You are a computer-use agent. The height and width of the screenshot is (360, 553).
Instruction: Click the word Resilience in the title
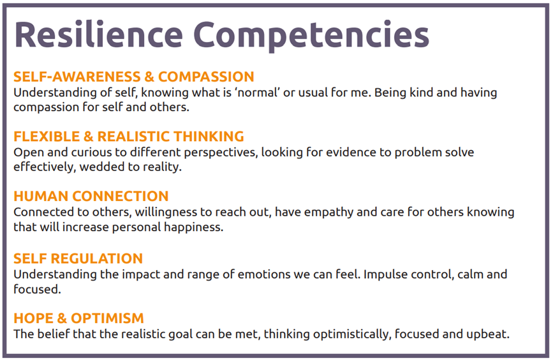click(x=99, y=34)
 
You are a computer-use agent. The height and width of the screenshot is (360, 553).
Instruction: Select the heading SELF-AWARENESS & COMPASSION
click(x=134, y=77)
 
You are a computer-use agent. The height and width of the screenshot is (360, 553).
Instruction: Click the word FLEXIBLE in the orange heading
click(x=47, y=136)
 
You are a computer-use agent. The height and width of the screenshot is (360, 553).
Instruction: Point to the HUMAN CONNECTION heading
click(x=91, y=196)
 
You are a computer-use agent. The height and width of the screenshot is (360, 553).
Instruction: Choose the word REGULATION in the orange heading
click(x=97, y=259)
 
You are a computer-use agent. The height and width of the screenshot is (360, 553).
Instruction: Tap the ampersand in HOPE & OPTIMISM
click(x=61, y=318)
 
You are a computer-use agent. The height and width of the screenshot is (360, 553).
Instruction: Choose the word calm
click(x=471, y=274)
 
